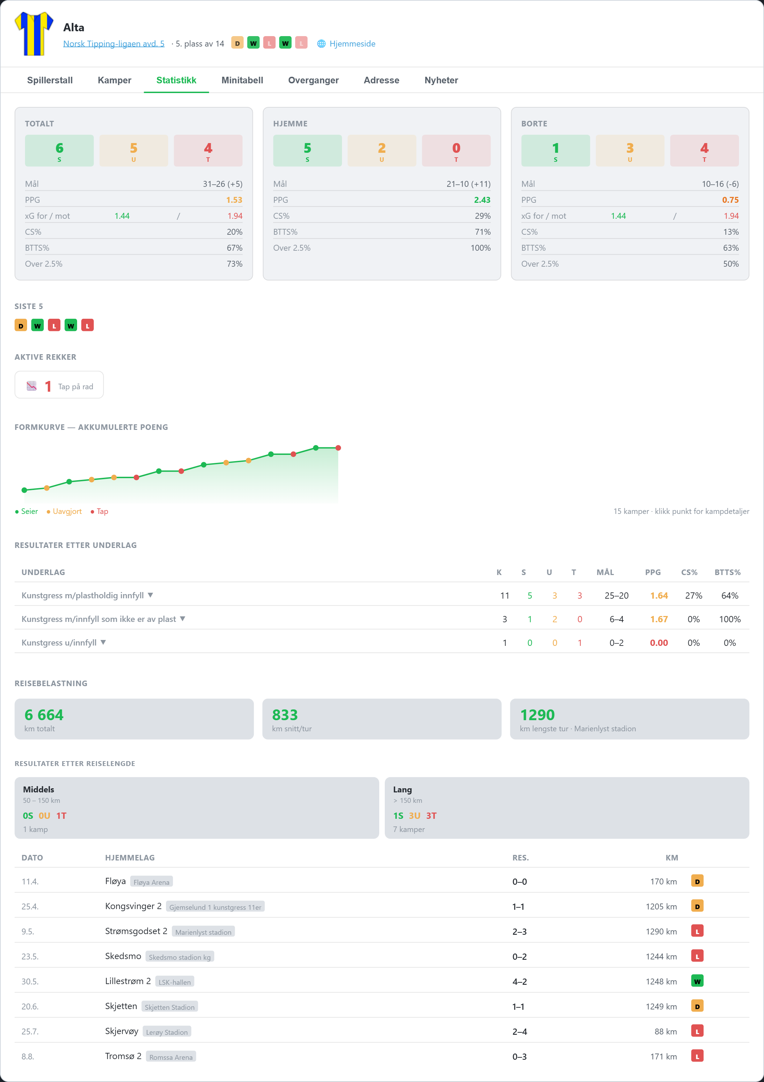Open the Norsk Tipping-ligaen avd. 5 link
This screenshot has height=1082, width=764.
[x=114, y=44]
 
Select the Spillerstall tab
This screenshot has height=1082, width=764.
[x=50, y=80]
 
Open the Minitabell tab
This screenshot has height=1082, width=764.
[x=242, y=80]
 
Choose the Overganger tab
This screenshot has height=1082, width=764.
[x=314, y=80]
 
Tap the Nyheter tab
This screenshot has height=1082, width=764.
[x=441, y=80]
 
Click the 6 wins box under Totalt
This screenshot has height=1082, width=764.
[x=59, y=151]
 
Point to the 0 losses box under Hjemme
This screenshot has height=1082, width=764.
[x=456, y=151]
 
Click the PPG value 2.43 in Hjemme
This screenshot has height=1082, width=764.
[x=482, y=200]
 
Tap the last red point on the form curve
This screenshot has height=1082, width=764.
[x=338, y=448]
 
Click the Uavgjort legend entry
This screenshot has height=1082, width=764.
[x=64, y=511]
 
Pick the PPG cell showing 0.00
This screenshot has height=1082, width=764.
[x=659, y=643]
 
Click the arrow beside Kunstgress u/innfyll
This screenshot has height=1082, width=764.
[x=103, y=642]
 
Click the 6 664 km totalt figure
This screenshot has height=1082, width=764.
[x=44, y=715]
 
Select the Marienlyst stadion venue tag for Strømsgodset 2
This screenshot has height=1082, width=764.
[x=203, y=932]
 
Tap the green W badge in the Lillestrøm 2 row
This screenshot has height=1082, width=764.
[x=697, y=981]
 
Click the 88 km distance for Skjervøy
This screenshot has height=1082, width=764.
[x=665, y=1032]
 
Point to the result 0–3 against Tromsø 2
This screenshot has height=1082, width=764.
[x=520, y=1057]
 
